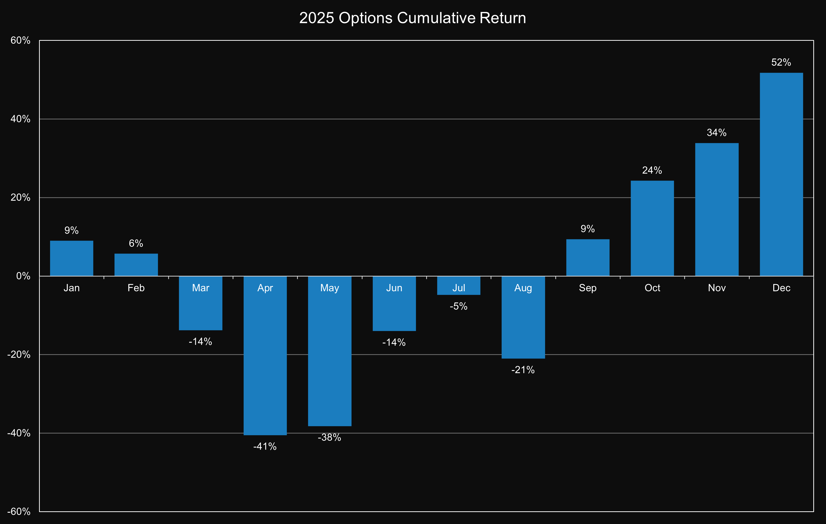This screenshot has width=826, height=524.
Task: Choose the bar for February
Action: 136,265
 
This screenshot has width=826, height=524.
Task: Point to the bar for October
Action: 652,228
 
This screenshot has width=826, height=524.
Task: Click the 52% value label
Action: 781,62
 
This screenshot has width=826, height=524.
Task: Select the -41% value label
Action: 265,446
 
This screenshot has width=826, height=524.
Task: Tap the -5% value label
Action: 459,306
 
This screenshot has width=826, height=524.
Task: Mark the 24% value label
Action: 652,170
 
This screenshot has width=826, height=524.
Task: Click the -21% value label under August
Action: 523,370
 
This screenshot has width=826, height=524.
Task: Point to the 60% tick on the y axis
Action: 21,41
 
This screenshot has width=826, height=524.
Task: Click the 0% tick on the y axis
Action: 23,276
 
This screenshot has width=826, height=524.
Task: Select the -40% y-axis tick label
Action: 19,433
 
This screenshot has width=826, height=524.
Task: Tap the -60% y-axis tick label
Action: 19,511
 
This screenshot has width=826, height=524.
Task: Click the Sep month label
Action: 588,288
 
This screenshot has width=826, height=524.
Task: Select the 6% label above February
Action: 136,244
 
